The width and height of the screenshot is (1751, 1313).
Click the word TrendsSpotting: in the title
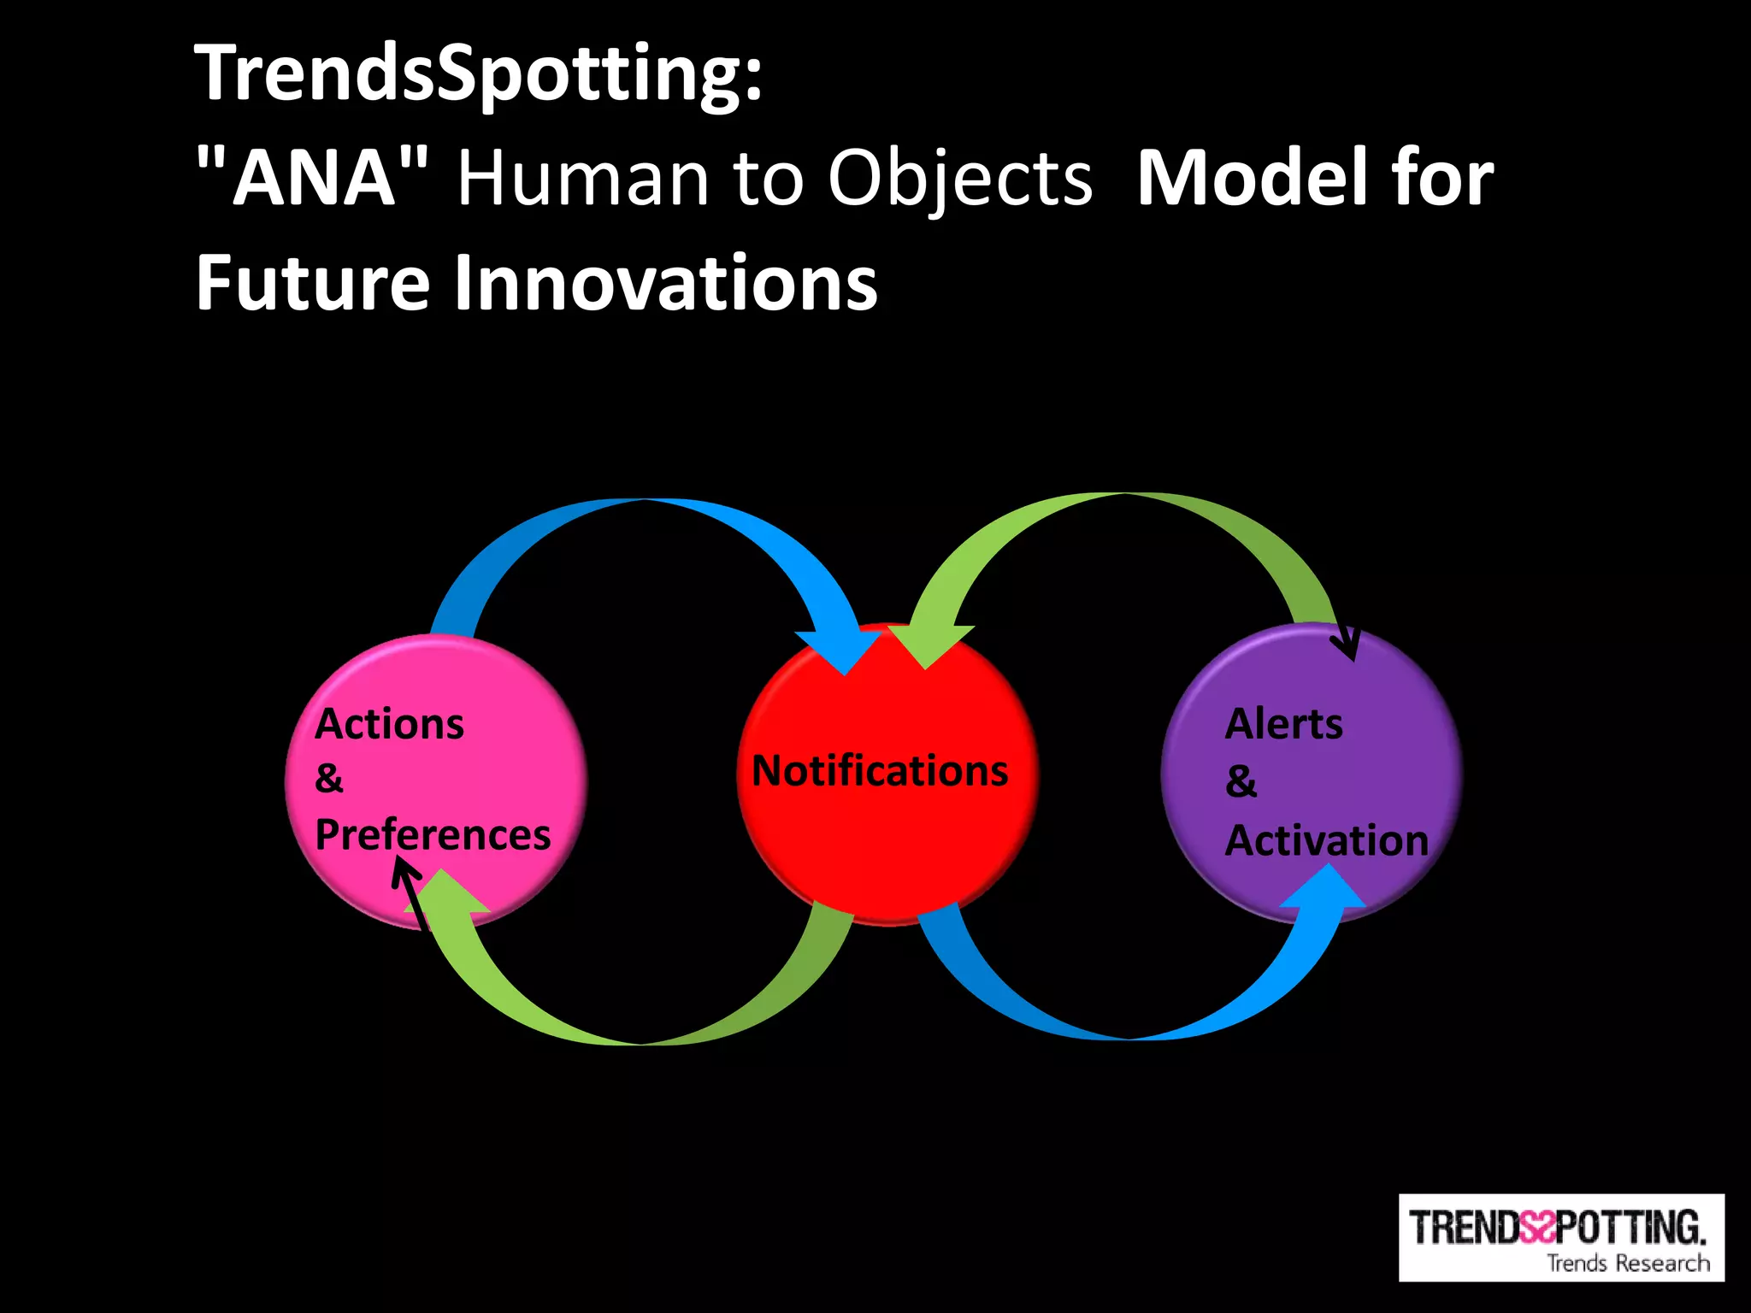(479, 75)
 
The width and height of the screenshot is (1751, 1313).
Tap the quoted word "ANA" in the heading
(314, 178)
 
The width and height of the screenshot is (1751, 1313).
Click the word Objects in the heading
(959, 180)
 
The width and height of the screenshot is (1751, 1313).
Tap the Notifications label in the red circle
(880, 770)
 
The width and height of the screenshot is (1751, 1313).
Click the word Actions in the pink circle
(389, 724)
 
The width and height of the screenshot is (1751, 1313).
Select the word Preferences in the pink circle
(433, 834)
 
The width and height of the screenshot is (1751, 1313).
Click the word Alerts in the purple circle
(1283, 724)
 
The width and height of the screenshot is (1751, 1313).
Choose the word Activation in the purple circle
(1326, 840)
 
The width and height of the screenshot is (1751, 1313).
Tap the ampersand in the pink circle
(329, 779)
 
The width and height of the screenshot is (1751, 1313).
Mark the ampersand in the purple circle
(1241, 781)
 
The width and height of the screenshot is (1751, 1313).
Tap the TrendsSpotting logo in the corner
(1560, 1236)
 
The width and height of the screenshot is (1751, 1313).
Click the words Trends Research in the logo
(1628, 1263)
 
